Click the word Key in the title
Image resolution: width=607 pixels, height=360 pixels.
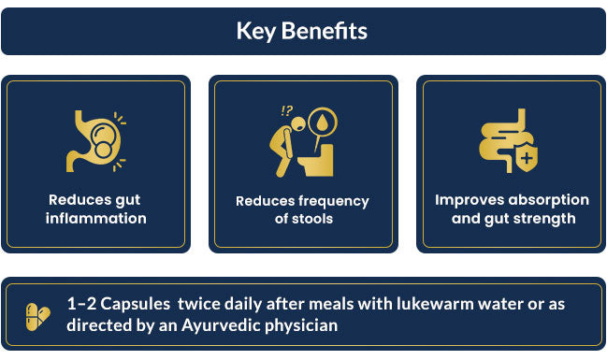click(x=256, y=31)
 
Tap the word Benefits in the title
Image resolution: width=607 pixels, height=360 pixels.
click(x=325, y=31)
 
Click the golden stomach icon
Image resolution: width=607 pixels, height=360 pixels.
click(x=95, y=141)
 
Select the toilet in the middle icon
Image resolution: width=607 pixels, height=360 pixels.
click(x=316, y=160)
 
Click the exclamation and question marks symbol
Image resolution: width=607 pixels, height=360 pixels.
click(x=287, y=111)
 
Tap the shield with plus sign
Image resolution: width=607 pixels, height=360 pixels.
click(x=527, y=158)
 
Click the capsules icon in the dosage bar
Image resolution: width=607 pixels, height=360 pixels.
click(x=37, y=317)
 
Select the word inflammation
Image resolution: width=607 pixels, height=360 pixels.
click(x=96, y=218)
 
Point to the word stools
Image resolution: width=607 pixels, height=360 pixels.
click(x=312, y=219)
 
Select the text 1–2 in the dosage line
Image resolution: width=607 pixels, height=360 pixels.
click(x=81, y=304)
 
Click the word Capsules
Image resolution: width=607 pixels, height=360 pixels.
click(x=136, y=304)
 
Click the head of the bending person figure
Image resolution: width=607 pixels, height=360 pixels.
click(x=298, y=123)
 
